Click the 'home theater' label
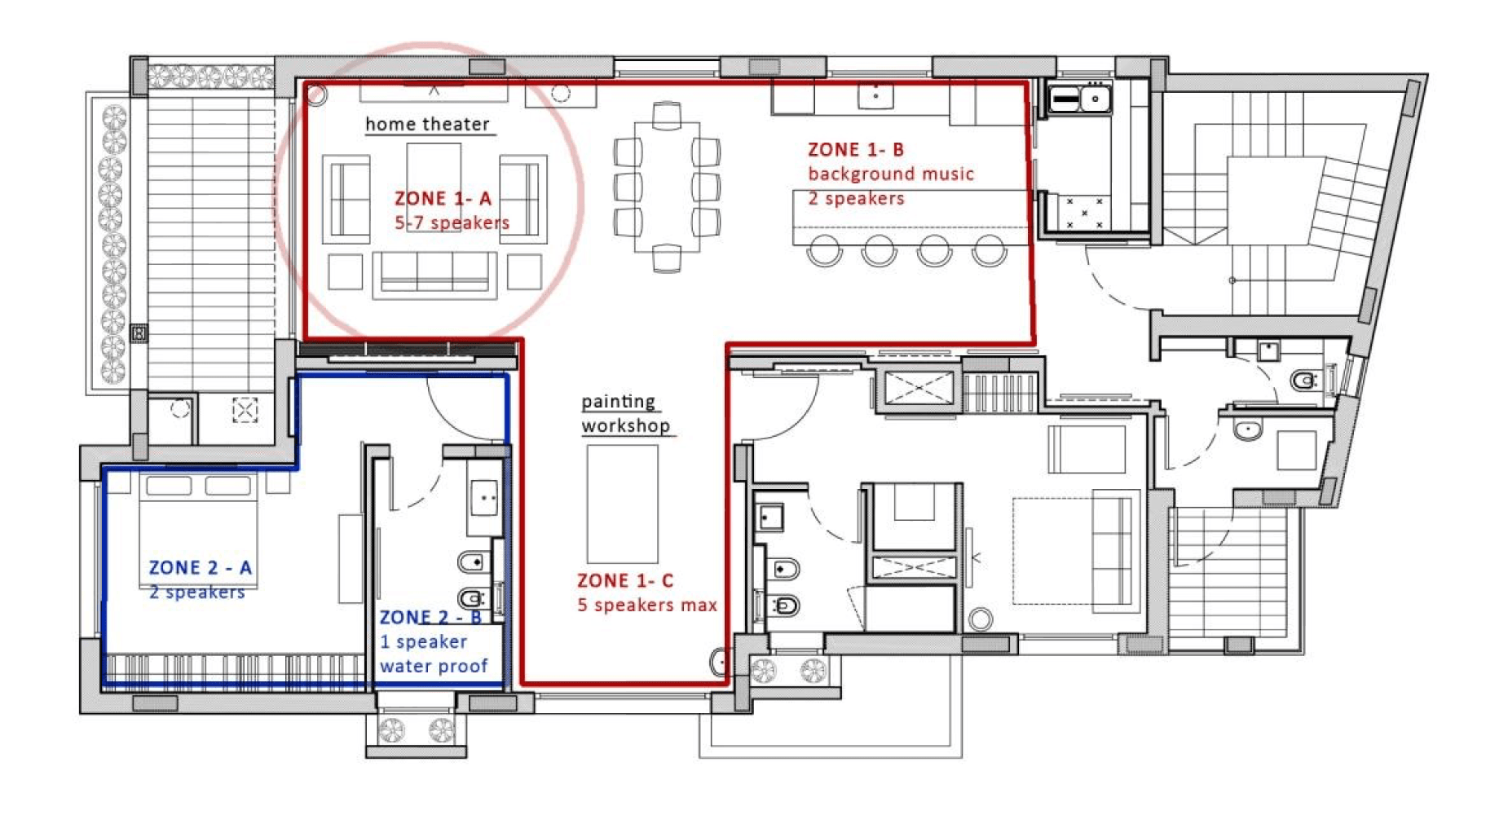coord(427,124)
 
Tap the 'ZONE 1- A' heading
coord(443,198)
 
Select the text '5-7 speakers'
coord(452,222)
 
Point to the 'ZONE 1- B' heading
coord(856,149)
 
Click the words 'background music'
coord(891,174)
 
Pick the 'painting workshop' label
coord(626,413)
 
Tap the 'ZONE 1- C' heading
coord(625,580)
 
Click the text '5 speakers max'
coord(647,605)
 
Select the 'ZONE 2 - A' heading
coord(200,567)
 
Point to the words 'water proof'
coord(434,666)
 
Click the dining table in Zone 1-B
coord(667,187)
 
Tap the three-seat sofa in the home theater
coord(434,275)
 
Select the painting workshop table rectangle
coord(623,504)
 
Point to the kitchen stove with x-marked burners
coord(1084,212)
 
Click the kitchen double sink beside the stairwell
coord(1080,99)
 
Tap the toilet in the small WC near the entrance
coord(1305,380)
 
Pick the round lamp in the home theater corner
coord(315,94)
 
